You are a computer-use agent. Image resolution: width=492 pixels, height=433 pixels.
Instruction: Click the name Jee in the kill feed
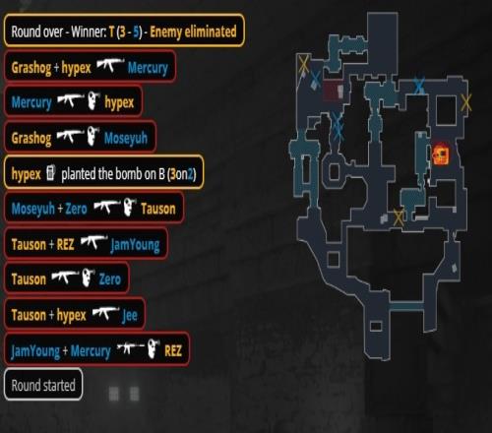point(130,316)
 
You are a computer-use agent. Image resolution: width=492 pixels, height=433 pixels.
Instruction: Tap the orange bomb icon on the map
point(441,155)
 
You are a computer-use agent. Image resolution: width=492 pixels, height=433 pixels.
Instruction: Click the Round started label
point(43,385)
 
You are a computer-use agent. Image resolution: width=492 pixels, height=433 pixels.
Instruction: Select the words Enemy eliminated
point(193,31)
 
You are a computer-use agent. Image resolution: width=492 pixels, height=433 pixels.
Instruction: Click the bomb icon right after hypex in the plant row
point(50,172)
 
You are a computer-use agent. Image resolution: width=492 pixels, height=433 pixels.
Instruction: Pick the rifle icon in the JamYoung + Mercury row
point(131,348)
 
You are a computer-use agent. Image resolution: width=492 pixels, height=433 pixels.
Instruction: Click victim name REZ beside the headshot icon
point(173,351)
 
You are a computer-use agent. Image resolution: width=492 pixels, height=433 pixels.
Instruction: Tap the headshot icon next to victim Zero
point(88,278)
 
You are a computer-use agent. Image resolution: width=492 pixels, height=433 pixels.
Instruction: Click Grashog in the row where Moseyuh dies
point(31,139)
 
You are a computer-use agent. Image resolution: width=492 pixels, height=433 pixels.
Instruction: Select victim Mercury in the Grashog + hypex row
point(148,68)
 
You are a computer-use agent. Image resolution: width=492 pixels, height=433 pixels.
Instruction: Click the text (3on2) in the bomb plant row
point(181,174)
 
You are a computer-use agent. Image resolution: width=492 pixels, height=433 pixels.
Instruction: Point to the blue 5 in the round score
point(136,31)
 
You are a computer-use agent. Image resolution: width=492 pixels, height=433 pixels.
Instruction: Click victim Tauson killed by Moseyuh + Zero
point(158,209)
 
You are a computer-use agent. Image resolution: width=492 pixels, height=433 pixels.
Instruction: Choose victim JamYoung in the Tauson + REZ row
point(135,245)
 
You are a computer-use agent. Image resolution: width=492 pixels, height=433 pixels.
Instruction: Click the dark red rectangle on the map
point(334,91)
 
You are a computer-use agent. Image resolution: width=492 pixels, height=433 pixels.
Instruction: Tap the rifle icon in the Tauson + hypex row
point(106,313)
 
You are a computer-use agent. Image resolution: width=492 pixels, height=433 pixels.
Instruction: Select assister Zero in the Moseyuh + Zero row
point(76,209)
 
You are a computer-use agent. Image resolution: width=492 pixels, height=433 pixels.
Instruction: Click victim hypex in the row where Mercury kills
point(119,103)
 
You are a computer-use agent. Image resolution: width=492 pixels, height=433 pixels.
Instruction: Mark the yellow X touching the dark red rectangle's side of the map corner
point(304,64)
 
